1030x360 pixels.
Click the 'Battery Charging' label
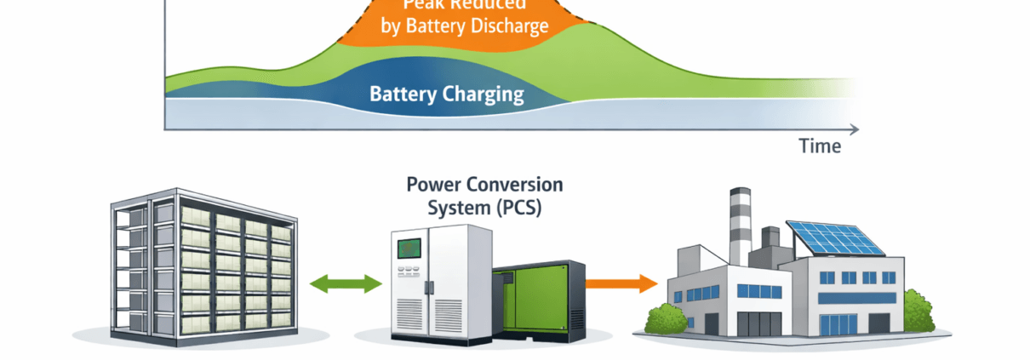click(446, 94)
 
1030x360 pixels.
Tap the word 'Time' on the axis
click(820, 146)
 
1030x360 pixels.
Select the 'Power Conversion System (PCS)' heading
click(484, 196)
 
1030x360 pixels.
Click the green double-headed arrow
click(346, 283)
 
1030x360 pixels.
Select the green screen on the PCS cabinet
click(410, 248)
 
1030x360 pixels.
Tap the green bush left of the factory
click(667, 318)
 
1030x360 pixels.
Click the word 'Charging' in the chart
click(483, 94)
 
